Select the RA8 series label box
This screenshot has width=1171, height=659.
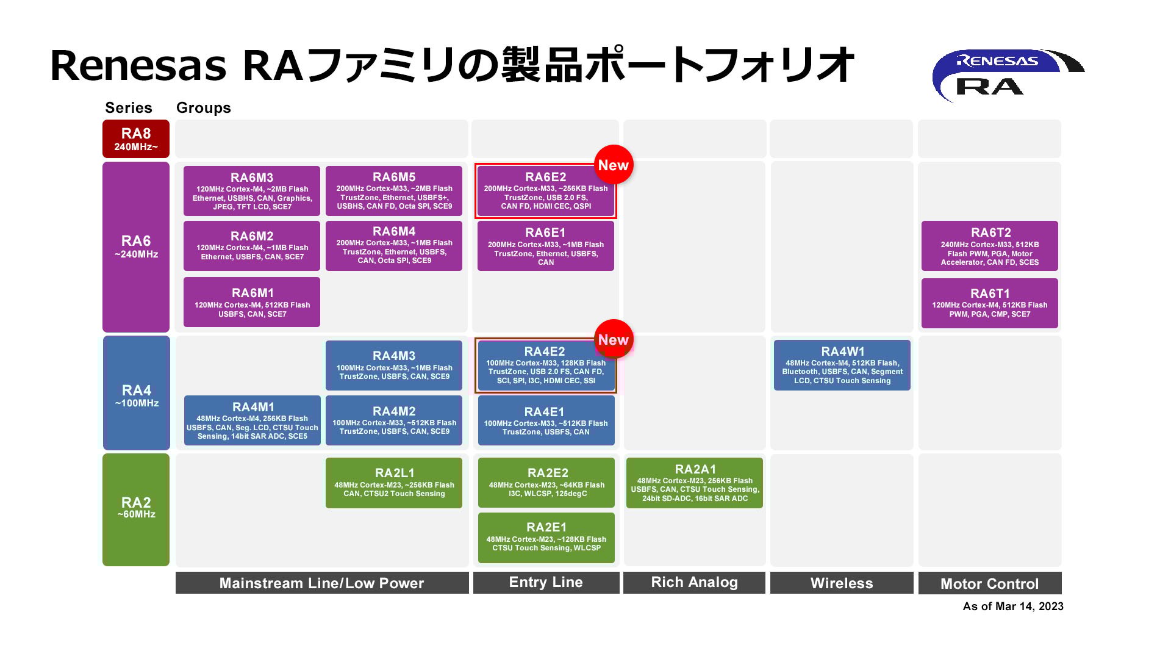(x=136, y=139)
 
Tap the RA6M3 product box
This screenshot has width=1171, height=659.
(x=252, y=191)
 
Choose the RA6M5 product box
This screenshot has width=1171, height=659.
(x=394, y=190)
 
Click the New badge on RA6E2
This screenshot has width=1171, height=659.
(x=614, y=165)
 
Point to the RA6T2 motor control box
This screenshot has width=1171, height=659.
(x=990, y=246)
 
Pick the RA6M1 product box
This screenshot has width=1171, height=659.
(x=252, y=302)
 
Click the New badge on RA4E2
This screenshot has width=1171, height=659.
(x=614, y=339)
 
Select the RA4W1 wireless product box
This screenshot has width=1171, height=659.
(x=842, y=365)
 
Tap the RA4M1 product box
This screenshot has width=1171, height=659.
(x=252, y=420)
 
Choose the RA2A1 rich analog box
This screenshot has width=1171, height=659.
(x=695, y=483)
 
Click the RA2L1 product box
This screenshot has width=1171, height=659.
(x=394, y=483)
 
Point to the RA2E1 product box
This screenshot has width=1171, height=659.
(x=546, y=538)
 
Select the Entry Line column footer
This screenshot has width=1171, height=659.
(x=546, y=582)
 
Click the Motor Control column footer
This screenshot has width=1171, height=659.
(x=990, y=583)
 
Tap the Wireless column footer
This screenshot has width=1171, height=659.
(x=842, y=583)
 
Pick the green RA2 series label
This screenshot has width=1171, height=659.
(x=136, y=510)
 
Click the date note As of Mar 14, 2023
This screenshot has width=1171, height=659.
(x=1013, y=607)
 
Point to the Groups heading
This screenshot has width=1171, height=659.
(x=204, y=108)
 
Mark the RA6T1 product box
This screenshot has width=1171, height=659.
(x=990, y=303)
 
